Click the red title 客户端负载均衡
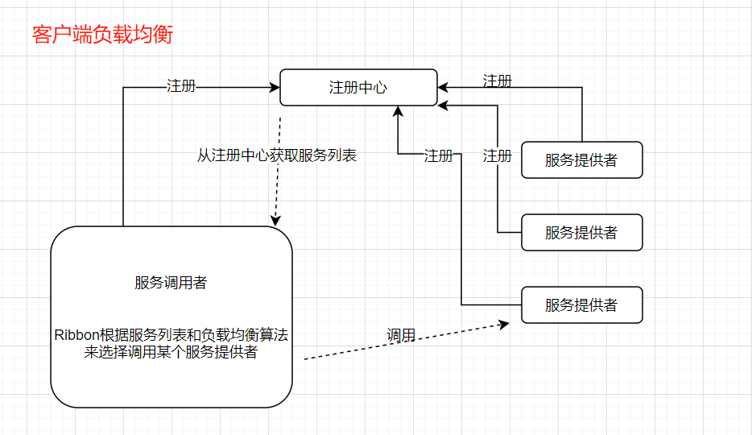coord(101,35)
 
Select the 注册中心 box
coord(358,87)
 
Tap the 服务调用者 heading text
coord(171,283)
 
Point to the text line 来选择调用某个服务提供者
coord(171,352)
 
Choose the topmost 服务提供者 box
coord(581,159)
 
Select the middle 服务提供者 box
coord(581,232)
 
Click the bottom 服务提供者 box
coord(581,304)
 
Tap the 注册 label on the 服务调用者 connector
coord(181,86)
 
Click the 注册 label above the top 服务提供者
coord(497,81)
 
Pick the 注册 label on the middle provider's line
coord(497,155)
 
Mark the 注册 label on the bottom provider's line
coord(439,155)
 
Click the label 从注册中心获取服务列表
coord(276,155)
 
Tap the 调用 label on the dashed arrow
coord(401,335)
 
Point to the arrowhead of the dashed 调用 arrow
coord(505,324)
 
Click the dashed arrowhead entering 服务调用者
coord(275,220)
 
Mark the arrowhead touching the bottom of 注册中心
coord(398,112)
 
